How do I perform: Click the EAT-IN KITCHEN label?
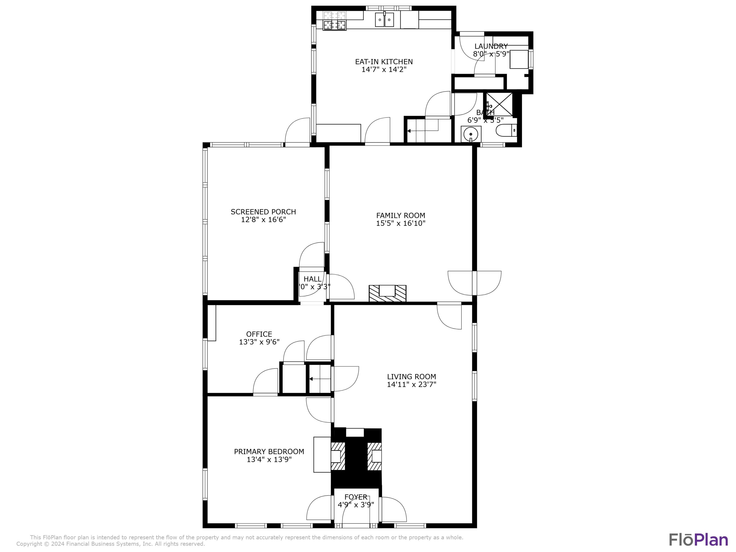[384, 62]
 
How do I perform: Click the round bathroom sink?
[471, 134]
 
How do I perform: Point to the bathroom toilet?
[506, 131]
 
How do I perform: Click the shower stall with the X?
[499, 105]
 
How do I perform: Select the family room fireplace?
[387, 293]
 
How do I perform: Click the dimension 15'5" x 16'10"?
[401, 223]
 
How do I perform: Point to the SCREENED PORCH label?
[263, 212]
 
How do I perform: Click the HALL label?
[313, 279]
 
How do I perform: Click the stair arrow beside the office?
[311, 379]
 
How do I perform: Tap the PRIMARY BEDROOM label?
[269, 451]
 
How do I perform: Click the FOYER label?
[356, 497]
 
